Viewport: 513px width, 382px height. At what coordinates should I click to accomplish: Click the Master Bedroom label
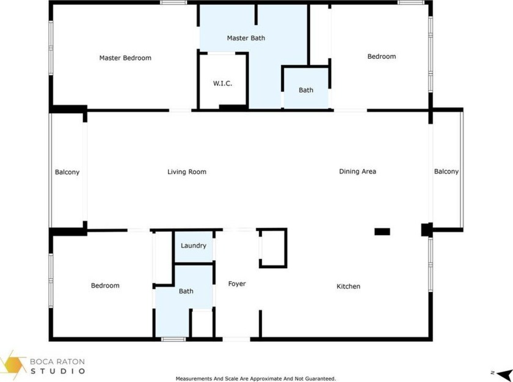[x=125, y=58]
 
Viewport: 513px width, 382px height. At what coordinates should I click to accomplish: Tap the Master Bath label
[x=246, y=38]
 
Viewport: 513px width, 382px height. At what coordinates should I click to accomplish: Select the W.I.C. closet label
[x=222, y=84]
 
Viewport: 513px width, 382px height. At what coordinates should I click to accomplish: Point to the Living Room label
[x=187, y=172]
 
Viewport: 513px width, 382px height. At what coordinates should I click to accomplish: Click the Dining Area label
[x=358, y=171]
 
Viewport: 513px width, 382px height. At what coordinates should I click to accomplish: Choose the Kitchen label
[x=349, y=287]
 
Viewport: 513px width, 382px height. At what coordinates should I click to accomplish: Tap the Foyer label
[x=237, y=284]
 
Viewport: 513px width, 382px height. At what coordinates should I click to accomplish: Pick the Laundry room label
[x=194, y=246]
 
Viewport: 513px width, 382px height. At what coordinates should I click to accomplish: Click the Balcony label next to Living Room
[x=67, y=172]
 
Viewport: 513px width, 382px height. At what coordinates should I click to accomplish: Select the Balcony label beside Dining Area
[x=446, y=172]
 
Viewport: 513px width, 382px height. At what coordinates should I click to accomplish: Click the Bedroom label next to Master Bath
[x=382, y=56]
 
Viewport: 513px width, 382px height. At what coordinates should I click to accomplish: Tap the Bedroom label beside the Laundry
[x=105, y=285]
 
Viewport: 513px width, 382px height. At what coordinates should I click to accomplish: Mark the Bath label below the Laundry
[x=186, y=291]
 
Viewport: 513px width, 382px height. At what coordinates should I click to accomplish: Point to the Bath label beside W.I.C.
[x=306, y=90]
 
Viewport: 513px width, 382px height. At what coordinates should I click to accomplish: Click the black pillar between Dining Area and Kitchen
[x=382, y=232]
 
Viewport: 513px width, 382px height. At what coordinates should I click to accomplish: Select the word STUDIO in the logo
[x=58, y=371]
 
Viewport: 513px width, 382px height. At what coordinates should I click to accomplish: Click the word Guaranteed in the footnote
[x=319, y=379]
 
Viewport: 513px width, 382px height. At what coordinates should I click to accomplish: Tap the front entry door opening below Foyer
[x=236, y=339]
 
